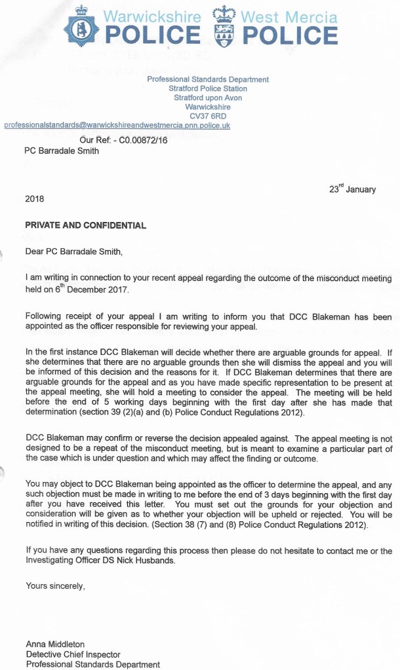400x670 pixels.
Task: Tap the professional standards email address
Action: point(117,125)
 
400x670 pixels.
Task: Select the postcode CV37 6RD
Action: point(207,116)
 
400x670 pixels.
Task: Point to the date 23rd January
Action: point(352,189)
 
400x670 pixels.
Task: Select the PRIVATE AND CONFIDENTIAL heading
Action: point(85,225)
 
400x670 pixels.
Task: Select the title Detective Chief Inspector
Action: point(73,654)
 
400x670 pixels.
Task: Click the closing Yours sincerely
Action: point(54,586)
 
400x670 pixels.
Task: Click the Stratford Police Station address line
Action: point(207,88)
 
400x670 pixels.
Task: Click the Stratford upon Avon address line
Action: point(207,98)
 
